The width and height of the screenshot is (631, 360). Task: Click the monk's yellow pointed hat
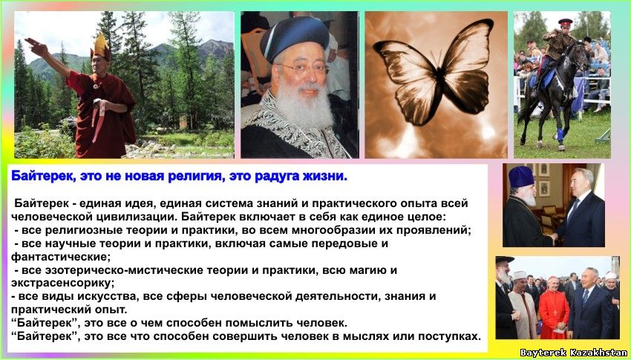(x=101, y=46)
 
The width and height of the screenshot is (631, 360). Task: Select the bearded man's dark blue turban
(x=295, y=37)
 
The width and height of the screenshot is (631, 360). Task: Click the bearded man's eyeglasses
(x=303, y=67)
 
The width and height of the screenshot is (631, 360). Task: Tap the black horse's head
(x=580, y=55)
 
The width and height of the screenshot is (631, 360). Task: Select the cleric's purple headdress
(x=521, y=177)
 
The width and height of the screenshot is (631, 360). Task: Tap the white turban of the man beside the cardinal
(x=520, y=275)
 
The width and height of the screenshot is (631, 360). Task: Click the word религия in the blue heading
(x=196, y=176)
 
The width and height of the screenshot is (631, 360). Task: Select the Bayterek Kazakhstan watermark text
(x=573, y=353)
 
